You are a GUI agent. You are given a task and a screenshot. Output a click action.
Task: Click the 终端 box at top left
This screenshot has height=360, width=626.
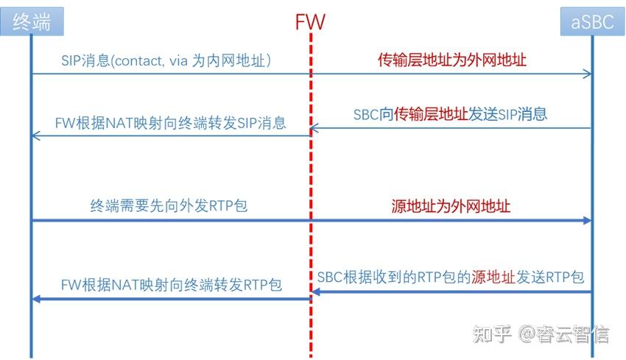coord(31,22)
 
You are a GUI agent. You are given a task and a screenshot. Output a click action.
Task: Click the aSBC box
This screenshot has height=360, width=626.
coord(592,22)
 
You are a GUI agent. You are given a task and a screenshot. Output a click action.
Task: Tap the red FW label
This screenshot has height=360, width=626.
coord(310,21)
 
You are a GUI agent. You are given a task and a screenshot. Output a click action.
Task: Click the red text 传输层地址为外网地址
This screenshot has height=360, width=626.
coord(452,60)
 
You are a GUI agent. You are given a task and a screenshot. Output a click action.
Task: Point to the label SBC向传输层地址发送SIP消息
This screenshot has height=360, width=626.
coord(450,114)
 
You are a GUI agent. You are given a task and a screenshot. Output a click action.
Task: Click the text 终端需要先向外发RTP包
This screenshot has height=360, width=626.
coord(169,206)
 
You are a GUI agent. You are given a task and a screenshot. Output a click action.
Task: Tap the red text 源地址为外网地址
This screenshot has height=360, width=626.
coord(451,206)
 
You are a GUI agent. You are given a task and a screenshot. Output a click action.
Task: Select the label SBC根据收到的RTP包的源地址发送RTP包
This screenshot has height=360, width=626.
coord(451,278)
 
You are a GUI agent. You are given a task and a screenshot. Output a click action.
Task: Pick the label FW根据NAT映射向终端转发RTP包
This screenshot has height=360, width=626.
coord(172,286)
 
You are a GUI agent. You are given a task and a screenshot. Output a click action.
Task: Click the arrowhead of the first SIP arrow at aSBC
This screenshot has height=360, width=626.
coord(588,74)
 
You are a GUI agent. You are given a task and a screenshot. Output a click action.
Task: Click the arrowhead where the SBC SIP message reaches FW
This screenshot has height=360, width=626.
coord(314,129)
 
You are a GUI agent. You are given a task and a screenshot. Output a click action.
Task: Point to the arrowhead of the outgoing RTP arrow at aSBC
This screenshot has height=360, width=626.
coord(588,221)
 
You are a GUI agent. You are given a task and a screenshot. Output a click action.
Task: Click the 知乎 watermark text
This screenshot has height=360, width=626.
coord(490,334)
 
